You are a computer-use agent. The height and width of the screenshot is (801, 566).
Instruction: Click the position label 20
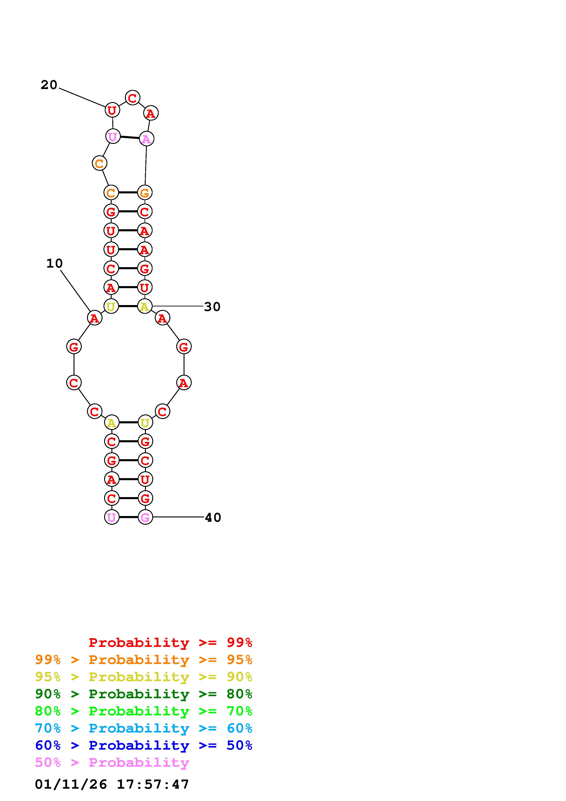[49, 85]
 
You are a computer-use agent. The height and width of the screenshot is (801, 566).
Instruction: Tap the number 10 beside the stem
[54, 263]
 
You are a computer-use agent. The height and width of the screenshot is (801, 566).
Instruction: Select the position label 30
[212, 307]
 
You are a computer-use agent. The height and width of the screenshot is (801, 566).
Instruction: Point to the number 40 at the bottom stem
[213, 517]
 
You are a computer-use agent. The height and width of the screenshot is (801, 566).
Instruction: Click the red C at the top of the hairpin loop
[132, 98]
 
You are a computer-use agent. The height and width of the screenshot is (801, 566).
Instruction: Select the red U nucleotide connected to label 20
[112, 110]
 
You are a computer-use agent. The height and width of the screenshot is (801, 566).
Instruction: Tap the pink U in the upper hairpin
[113, 136]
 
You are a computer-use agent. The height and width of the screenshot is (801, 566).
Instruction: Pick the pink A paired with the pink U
[147, 139]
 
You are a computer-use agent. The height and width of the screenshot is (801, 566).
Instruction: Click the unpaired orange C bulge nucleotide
[99, 163]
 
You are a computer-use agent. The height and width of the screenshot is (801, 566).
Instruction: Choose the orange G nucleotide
[145, 192]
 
